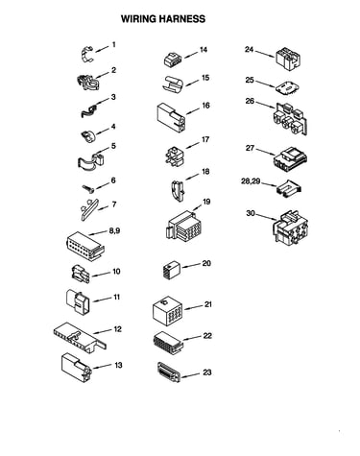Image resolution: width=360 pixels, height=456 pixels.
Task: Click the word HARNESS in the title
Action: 182,19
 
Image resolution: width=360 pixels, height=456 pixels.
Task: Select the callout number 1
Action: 113,44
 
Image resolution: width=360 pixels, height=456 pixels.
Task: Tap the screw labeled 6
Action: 88,189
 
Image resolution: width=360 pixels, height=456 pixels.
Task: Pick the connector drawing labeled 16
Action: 171,117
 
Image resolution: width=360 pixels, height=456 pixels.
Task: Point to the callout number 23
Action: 207,372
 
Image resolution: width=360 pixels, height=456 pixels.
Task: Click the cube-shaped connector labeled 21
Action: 167,309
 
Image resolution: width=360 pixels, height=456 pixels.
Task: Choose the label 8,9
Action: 114,230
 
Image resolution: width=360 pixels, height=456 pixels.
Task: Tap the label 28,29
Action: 251,181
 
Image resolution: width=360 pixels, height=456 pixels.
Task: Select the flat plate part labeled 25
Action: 287,88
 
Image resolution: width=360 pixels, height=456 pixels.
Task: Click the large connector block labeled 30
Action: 291,228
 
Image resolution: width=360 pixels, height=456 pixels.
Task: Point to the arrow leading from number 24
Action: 264,54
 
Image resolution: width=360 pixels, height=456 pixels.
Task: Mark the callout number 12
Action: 118,329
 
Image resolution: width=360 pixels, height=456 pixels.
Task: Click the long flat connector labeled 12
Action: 80,337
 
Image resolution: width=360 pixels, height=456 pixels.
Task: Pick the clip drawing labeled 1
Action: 86,54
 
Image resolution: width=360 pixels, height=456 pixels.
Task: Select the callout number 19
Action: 206,202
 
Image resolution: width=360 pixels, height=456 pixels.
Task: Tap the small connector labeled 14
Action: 173,60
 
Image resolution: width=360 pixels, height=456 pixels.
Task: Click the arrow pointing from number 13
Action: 102,367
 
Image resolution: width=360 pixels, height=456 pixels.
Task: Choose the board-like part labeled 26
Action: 291,119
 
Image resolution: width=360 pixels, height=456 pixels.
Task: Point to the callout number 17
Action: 205,140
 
